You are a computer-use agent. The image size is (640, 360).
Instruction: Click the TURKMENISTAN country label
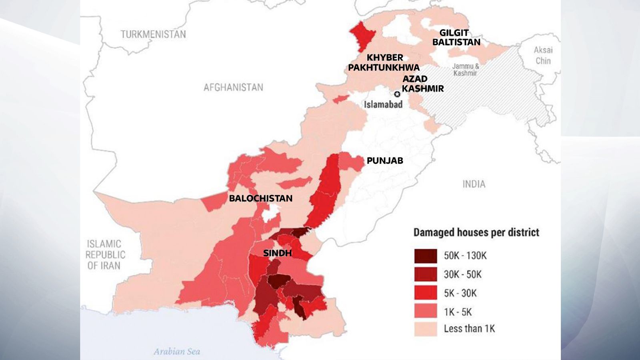tap(153, 34)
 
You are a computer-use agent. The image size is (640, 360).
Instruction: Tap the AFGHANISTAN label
tap(233, 87)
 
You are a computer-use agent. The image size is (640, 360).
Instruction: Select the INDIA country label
tap(474, 184)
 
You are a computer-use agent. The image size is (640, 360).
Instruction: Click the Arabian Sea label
tap(177, 352)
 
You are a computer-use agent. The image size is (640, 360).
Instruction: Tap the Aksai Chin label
tap(543, 55)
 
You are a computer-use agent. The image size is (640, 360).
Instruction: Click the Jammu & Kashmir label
tap(465, 70)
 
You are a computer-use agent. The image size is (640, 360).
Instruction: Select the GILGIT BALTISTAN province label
tap(456, 37)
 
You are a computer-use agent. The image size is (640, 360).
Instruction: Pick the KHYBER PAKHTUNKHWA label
tap(384, 62)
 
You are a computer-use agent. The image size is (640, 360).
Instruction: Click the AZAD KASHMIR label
tap(422, 84)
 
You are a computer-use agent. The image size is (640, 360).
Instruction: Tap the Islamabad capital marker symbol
tap(397, 94)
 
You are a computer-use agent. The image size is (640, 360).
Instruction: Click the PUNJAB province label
tap(385, 161)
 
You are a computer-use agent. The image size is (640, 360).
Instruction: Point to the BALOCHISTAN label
tap(260, 198)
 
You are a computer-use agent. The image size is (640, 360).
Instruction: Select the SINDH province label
tap(277, 253)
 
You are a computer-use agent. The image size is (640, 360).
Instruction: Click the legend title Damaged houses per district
tap(476, 232)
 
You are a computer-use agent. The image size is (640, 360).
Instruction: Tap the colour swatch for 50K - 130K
tap(426, 256)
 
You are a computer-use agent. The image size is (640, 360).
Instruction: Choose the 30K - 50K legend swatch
tap(426, 274)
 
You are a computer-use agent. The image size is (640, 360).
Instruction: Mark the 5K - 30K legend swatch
tap(426, 293)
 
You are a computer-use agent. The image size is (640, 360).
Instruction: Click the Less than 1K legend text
tap(469, 329)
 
